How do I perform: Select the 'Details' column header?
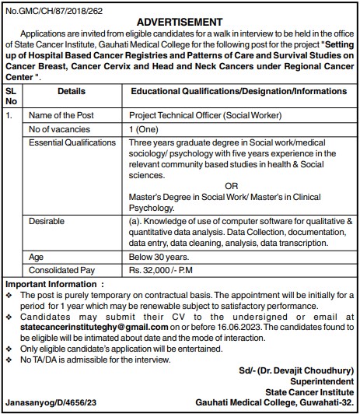tap(72, 91)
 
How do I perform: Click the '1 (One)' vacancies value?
tap(146, 129)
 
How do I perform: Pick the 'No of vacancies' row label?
tap(60, 129)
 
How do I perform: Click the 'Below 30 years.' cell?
tap(160, 255)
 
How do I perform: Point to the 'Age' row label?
tap(36, 255)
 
